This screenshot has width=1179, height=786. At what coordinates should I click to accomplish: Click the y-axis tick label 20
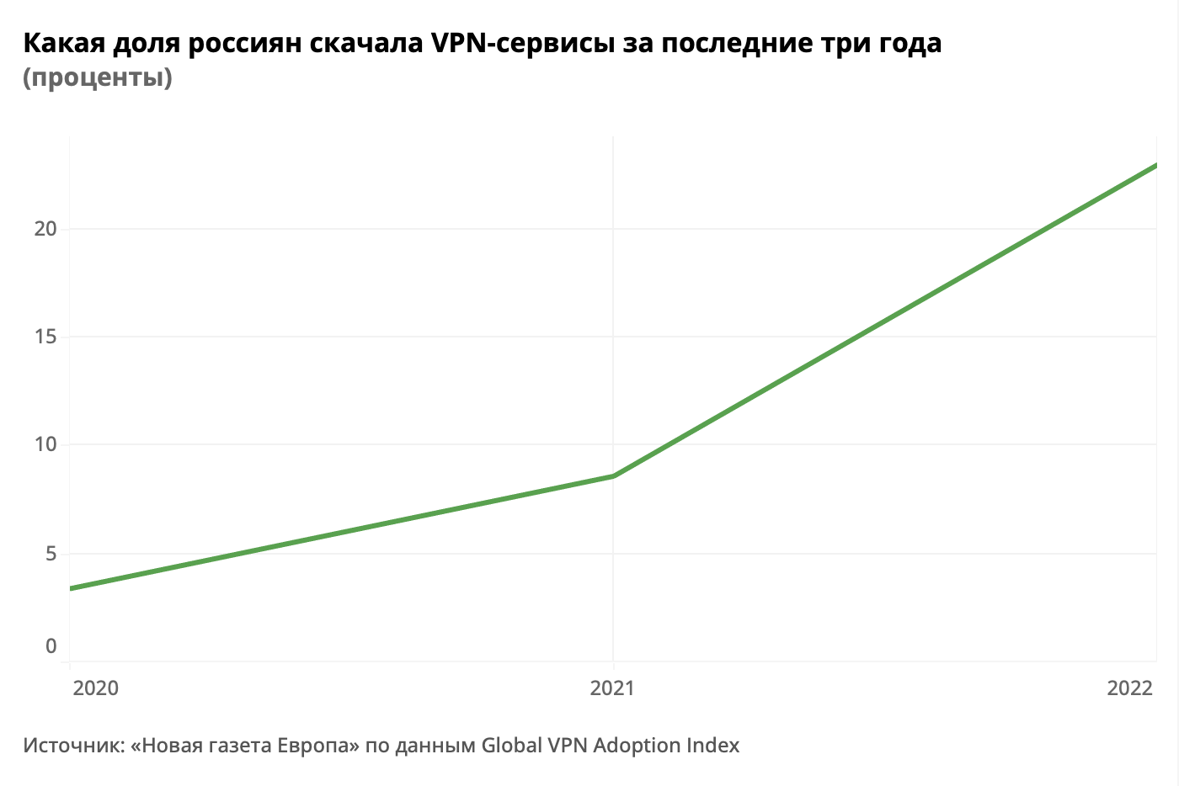click(45, 229)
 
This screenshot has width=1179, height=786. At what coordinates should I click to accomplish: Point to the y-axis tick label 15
click(45, 337)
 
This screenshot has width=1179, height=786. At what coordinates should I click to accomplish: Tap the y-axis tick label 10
click(45, 444)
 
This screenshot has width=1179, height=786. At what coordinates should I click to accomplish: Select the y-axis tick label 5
click(51, 554)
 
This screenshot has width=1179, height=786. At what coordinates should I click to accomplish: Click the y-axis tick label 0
click(51, 646)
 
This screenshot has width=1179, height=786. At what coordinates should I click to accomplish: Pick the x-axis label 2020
click(96, 688)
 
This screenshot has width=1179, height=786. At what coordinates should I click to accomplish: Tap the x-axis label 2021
click(612, 688)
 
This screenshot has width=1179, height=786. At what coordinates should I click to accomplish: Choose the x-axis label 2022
click(1129, 688)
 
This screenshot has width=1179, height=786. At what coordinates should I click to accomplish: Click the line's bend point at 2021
click(613, 476)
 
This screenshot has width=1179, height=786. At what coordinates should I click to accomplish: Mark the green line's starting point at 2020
click(71, 588)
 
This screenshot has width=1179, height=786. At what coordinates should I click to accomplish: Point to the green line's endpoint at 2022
click(1155, 165)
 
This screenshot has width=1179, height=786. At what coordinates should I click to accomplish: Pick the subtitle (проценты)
click(98, 77)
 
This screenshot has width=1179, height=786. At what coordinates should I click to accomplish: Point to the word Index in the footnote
click(713, 746)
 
